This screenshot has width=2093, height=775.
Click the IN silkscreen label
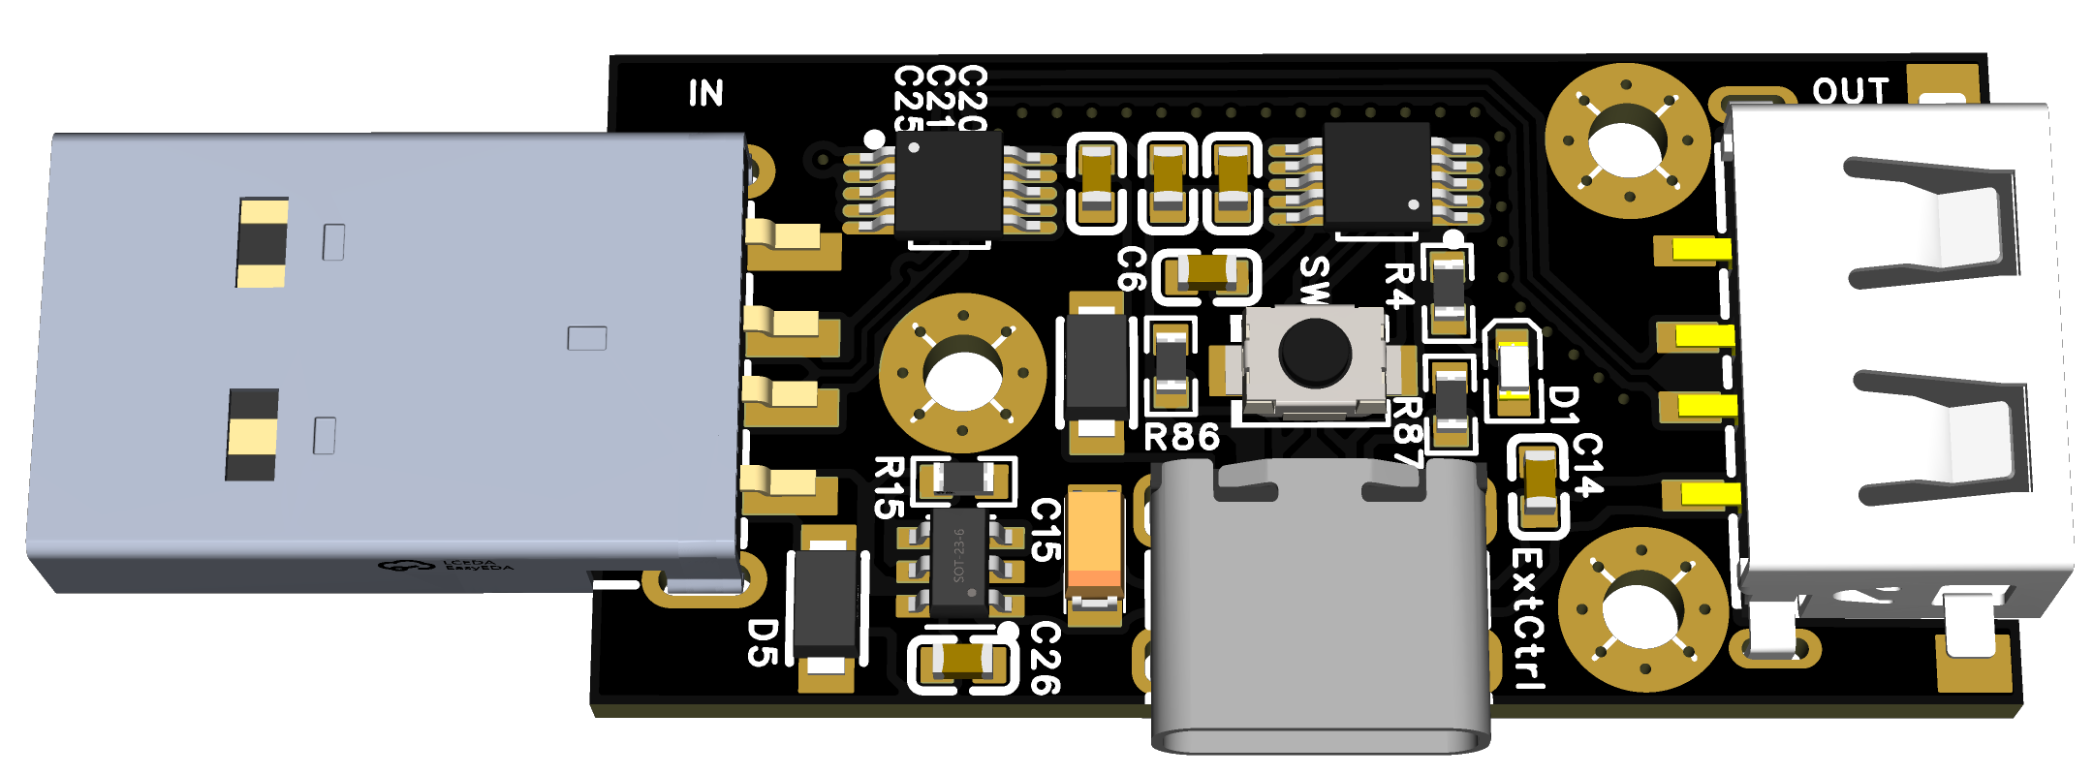pyautogui.click(x=706, y=93)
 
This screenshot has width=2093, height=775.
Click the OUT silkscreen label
pyautogui.click(x=1851, y=91)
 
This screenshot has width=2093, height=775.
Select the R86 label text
pyautogui.click(x=1181, y=438)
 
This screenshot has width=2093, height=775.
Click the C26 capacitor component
pyautogui.click(x=963, y=661)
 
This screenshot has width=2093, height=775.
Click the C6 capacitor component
pyautogui.click(x=1207, y=274)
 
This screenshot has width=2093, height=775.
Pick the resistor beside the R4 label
pyautogui.click(x=1448, y=290)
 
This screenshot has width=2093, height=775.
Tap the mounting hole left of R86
pyautogui.click(x=962, y=373)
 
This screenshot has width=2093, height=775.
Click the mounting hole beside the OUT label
pyautogui.click(x=1627, y=140)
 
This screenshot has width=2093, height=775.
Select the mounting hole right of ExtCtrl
pyautogui.click(x=1642, y=609)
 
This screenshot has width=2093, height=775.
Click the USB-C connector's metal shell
pyautogui.click(x=1318, y=620)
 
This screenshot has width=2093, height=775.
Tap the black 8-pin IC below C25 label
pyautogui.click(x=948, y=182)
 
